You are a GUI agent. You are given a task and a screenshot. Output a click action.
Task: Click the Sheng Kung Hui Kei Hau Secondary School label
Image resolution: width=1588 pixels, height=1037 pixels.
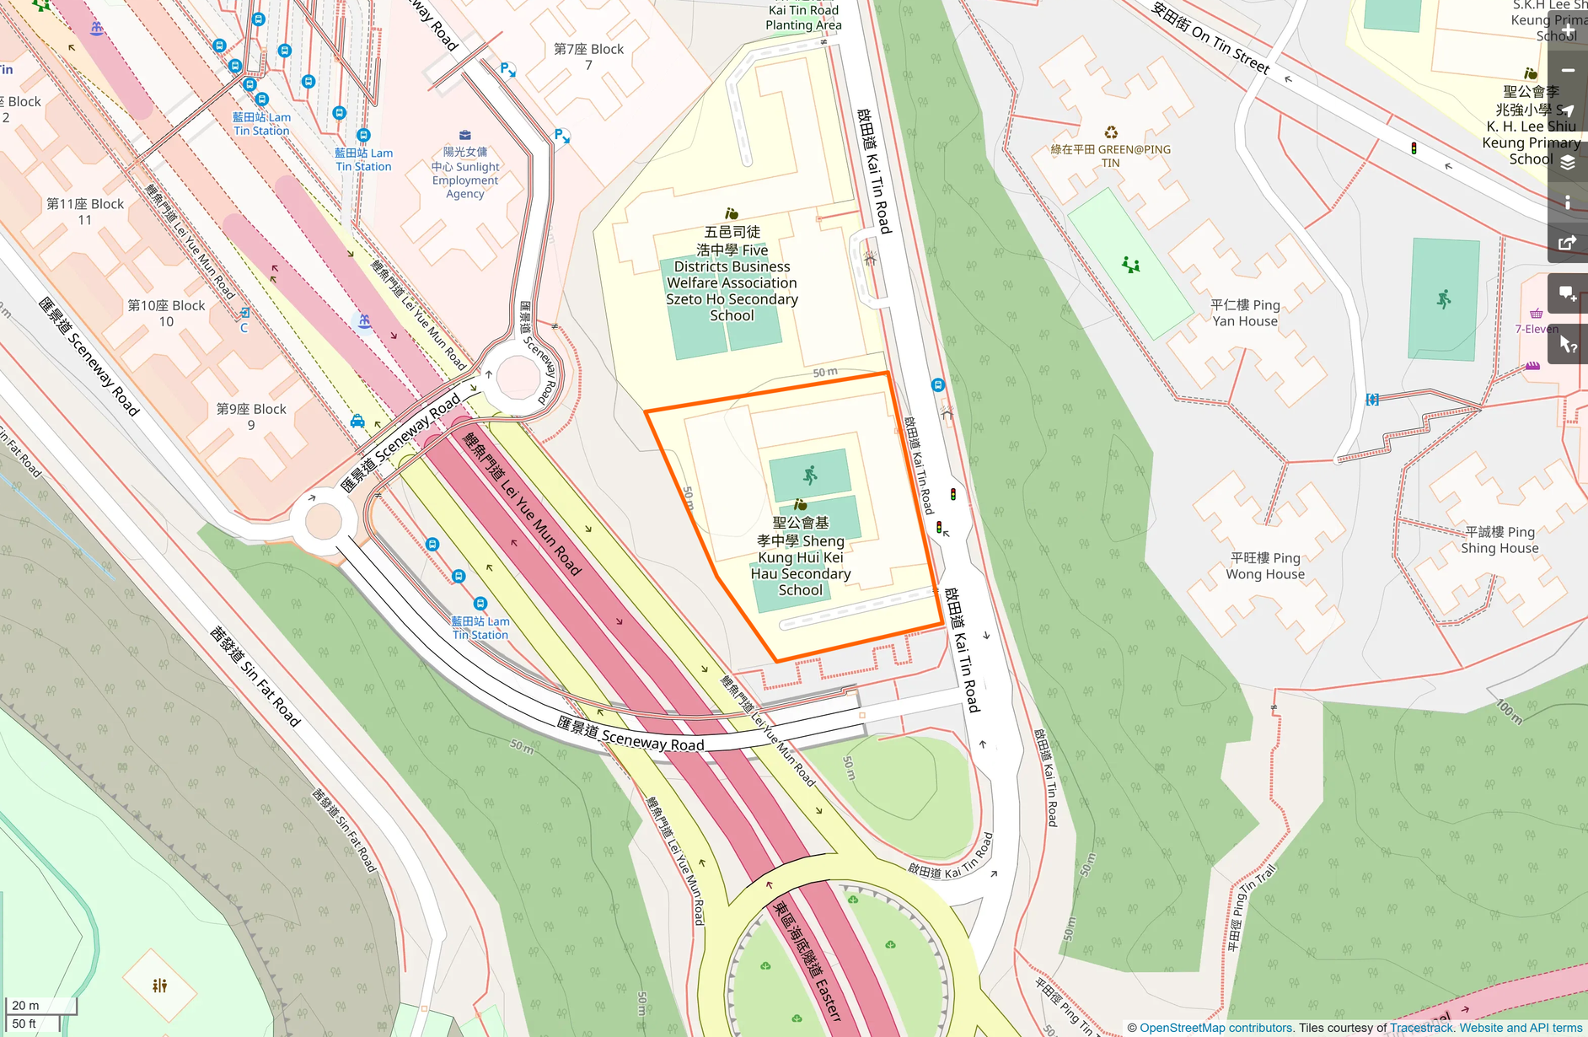coord(800,556)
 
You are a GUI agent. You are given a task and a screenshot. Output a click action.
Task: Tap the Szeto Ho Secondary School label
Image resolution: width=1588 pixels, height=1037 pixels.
coord(732,274)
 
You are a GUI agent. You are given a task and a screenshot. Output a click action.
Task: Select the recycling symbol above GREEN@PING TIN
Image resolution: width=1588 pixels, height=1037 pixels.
coord(1111,132)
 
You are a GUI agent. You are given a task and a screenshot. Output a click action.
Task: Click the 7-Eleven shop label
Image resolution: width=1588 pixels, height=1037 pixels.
coord(1537,329)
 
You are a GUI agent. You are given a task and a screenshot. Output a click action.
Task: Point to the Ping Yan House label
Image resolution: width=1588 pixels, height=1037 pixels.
coord(1245,313)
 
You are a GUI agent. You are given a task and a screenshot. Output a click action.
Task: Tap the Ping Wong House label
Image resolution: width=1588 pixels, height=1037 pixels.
coord(1265,566)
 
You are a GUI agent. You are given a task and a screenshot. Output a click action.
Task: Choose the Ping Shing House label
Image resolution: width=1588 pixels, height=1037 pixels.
coord(1500,540)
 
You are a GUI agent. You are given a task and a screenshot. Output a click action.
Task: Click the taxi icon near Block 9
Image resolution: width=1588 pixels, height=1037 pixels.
coord(357,421)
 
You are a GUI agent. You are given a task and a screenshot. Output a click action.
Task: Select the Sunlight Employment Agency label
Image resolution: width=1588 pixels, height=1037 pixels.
coord(464,173)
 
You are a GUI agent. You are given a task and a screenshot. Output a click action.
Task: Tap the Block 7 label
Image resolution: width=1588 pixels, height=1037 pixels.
coord(588,56)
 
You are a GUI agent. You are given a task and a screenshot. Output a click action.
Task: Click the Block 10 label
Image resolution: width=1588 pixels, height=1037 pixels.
coord(166,313)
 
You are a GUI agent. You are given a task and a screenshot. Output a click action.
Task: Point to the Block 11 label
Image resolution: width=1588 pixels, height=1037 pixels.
coord(84,212)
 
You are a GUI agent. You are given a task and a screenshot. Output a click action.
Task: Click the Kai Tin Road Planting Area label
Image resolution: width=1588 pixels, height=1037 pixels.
coord(803,18)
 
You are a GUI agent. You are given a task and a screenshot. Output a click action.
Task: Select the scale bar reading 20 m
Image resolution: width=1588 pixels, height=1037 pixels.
coord(40,1005)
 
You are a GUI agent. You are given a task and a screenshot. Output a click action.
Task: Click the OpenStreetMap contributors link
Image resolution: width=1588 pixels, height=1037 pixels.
coord(1215,1028)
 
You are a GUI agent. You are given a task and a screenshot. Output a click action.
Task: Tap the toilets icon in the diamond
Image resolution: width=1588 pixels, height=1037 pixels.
coord(159,985)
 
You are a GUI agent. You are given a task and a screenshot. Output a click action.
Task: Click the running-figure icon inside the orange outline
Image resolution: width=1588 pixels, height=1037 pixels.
coord(810,476)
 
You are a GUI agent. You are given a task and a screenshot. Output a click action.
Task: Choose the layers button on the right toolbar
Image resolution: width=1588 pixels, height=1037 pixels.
coord(1567,163)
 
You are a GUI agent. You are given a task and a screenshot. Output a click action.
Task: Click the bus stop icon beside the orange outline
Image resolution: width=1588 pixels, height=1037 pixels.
coord(937,385)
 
